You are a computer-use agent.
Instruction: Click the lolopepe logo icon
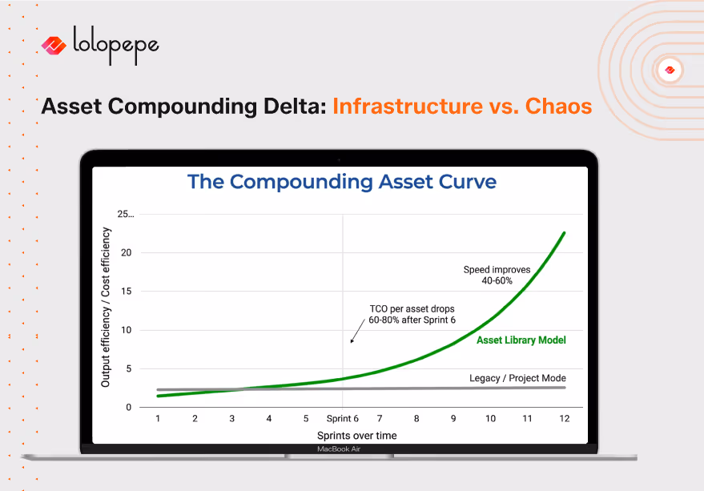[x=54, y=45]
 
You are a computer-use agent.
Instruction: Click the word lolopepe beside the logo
[x=115, y=44]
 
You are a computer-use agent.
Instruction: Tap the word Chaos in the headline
[x=558, y=106]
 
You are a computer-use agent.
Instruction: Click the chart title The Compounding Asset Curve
[x=342, y=182]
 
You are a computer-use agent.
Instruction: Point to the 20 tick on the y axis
[x=126, y=253]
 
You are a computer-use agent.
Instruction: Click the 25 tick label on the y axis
[x=126, y=215]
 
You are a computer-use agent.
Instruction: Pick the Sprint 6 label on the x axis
[x=342, y=418]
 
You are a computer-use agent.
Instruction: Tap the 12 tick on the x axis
[x=565, y=418]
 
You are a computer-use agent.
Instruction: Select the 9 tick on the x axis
[x=453, y=418]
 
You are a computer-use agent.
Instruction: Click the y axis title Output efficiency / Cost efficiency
[x=106, y=308]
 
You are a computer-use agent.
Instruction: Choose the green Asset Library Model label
[x=521, y=340]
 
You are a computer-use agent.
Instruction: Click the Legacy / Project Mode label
[x=517, y=378]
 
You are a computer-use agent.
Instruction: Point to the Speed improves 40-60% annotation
[x=497, y=275]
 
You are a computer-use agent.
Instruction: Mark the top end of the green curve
[x=565, y=233]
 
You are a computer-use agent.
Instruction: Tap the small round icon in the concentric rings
[x=670, y=70]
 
